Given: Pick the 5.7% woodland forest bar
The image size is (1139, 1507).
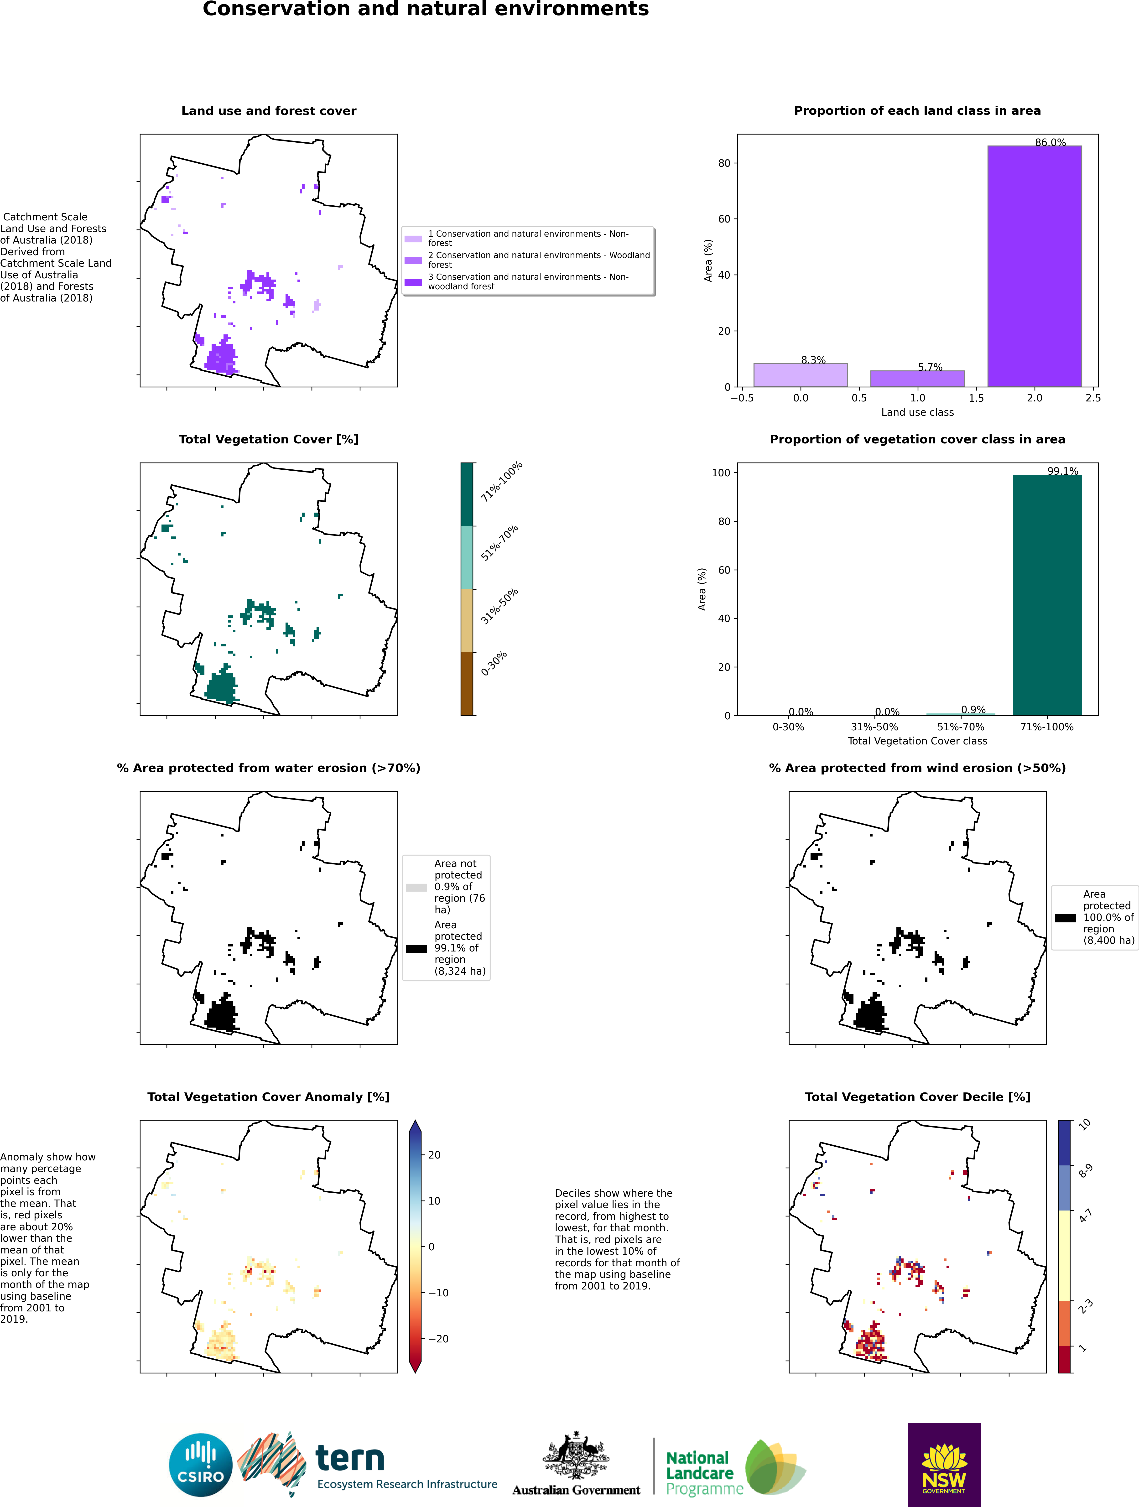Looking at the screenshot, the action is coord(918,379).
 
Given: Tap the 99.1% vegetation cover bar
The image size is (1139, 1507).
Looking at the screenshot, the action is coord(1047,595).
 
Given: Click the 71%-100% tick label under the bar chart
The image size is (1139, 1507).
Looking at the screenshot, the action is coord(1047,727).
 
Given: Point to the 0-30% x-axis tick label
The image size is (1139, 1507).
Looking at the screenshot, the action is coord(788,727).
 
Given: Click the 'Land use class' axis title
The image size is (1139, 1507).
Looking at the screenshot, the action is coord(918,412).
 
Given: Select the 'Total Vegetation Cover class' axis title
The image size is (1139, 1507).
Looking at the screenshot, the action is coord(918,741).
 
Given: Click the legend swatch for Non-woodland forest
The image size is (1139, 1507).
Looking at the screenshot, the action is coord(414,282).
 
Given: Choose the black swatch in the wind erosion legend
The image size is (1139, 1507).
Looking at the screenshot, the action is coord(1066,918).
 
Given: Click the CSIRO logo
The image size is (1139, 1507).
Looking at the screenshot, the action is coord(201,1465).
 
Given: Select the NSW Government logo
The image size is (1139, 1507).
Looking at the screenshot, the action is coord(944,1465).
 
